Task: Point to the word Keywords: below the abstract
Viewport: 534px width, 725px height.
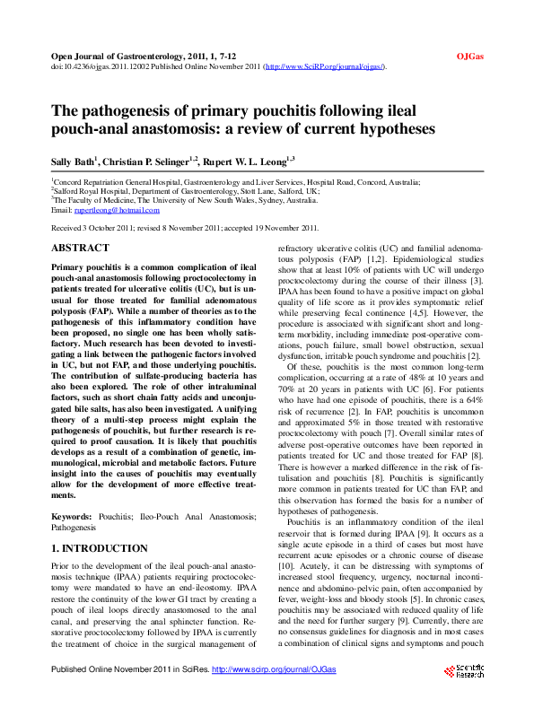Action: coord(72,518)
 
